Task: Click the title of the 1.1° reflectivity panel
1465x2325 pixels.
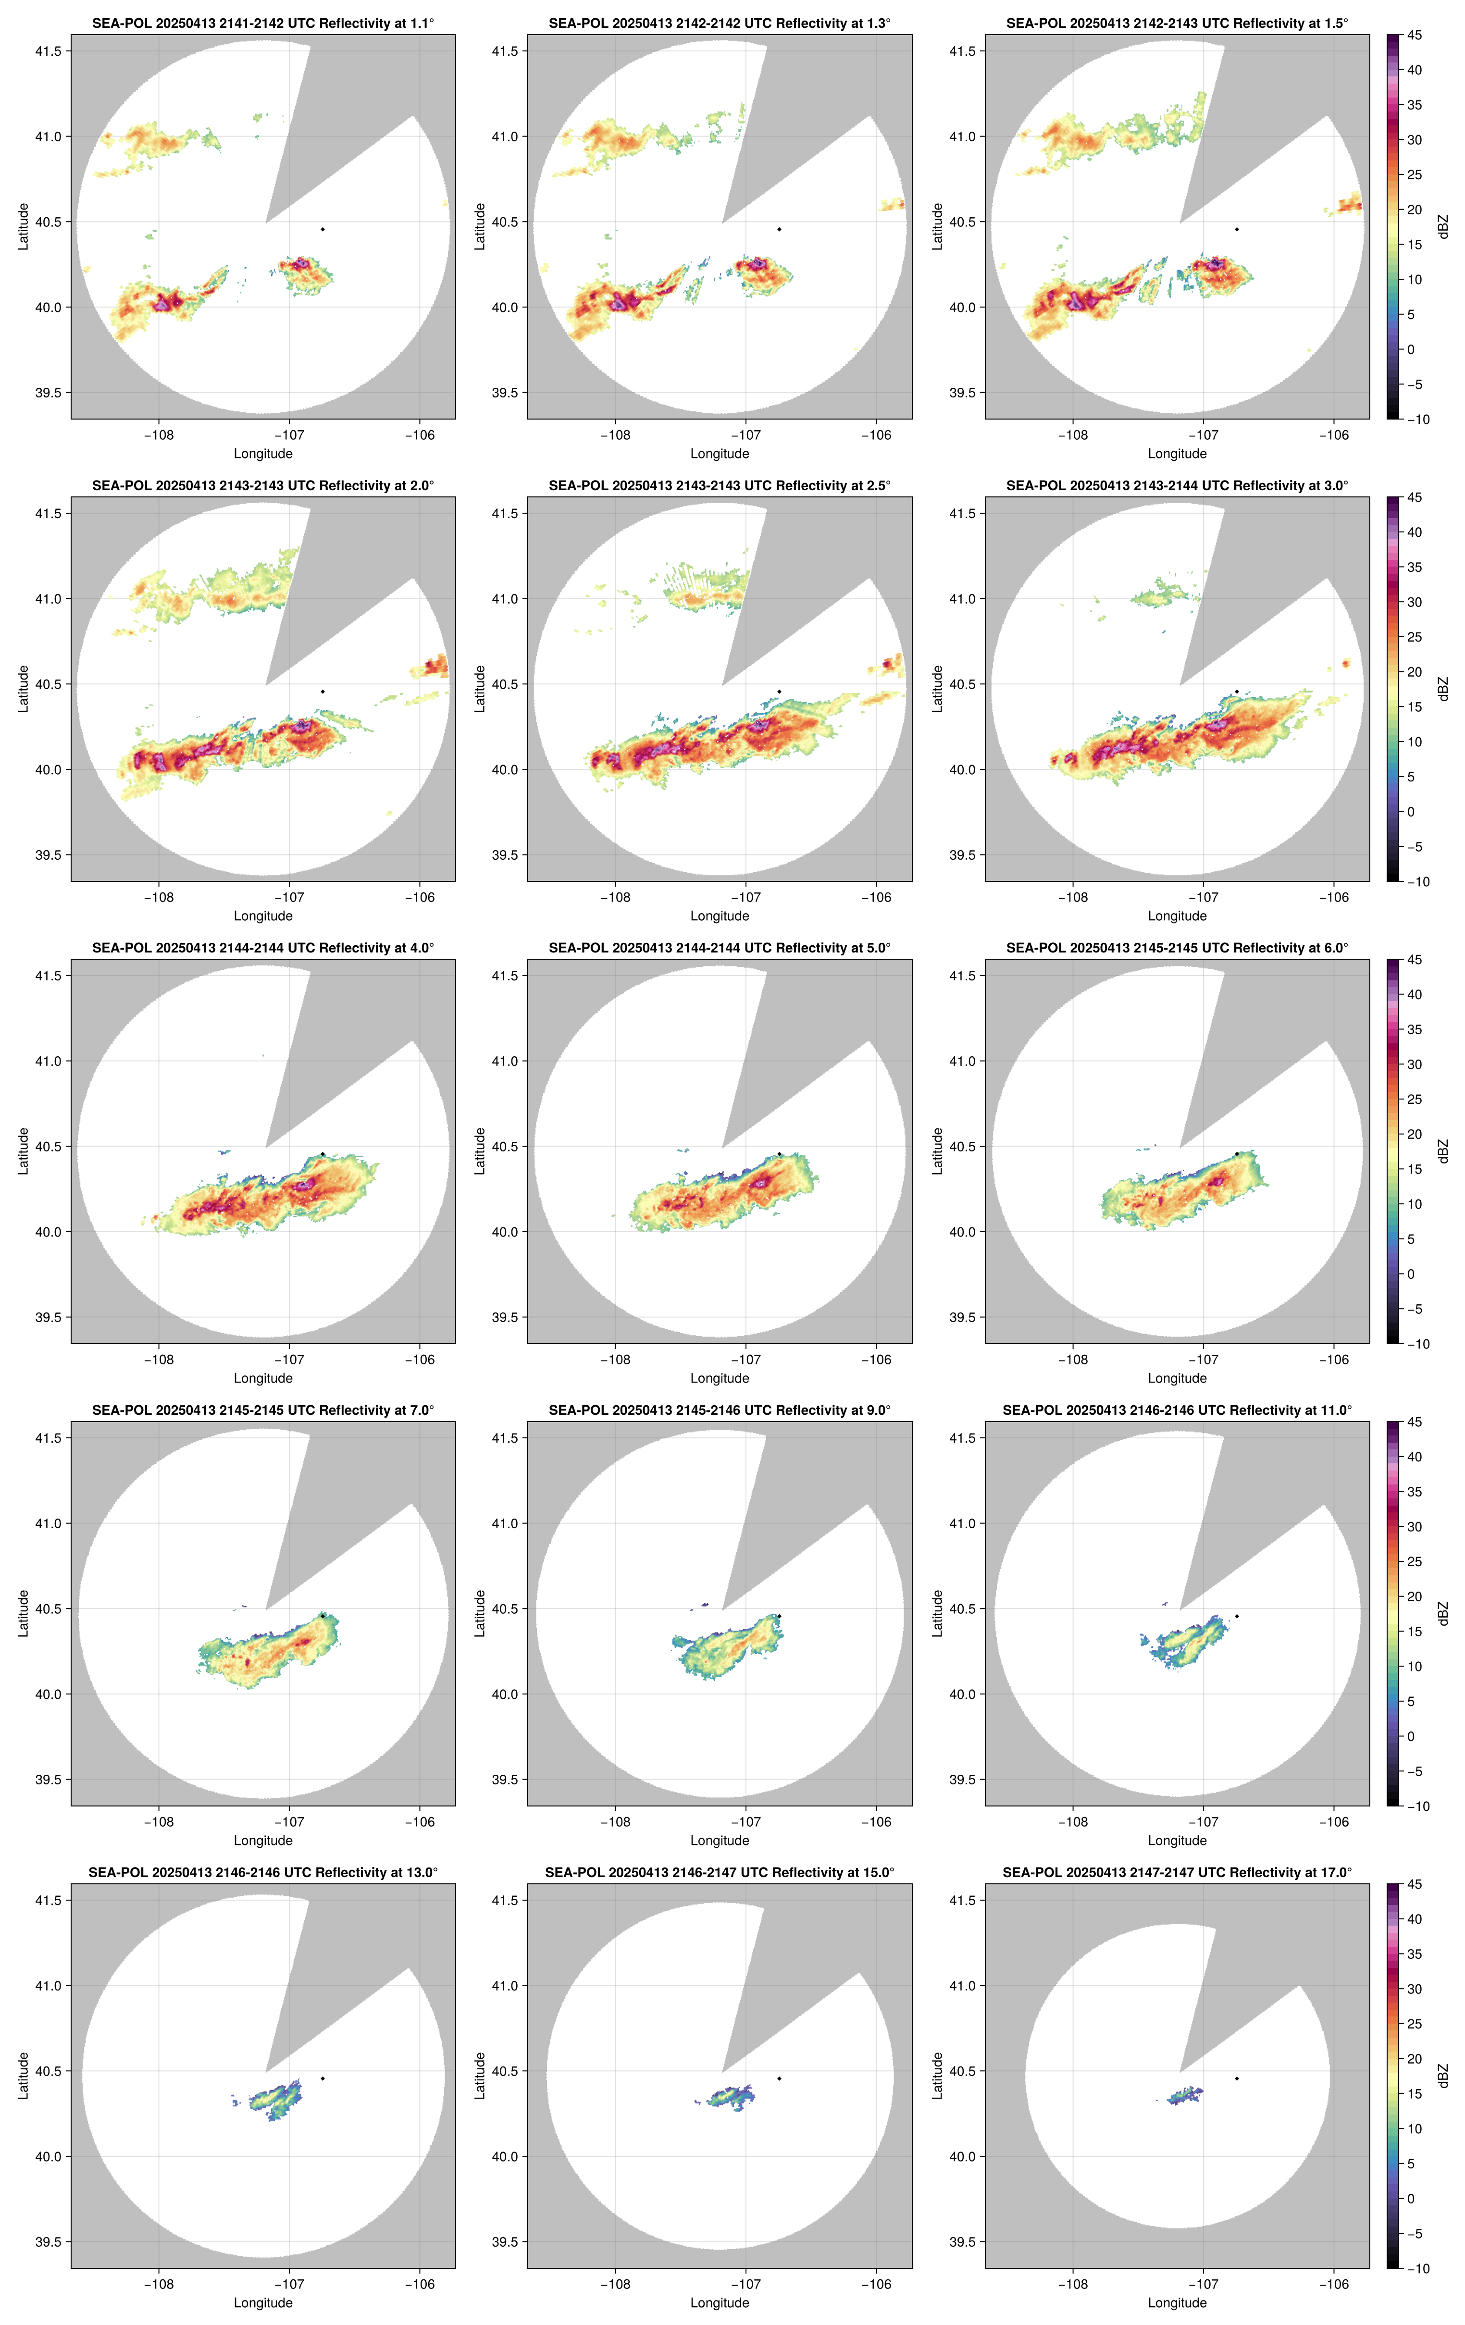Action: point(263,23)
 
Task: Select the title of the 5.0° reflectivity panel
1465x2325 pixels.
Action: point(720,948)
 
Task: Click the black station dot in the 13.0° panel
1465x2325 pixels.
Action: point(323,2078)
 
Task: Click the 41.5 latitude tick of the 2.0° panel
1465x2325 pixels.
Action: point(48,514)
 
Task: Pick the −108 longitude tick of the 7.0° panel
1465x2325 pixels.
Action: point(159,1822)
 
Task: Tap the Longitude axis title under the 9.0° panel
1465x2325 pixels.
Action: point(720,1840)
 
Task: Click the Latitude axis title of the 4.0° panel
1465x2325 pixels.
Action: point(23,1151)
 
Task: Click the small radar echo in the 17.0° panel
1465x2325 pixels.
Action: point(1185,2095)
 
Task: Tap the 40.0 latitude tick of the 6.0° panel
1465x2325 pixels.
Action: point(962,1232)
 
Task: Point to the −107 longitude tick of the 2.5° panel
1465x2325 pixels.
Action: point(745,897)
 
